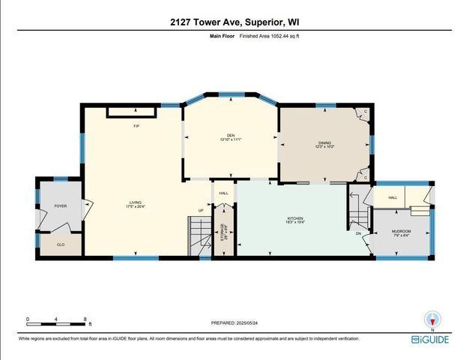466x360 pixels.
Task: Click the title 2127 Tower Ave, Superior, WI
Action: point(232,22)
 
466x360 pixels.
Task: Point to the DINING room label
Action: point(325,144)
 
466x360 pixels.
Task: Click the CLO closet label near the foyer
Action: point(61,244)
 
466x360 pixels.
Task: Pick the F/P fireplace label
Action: point(136,126)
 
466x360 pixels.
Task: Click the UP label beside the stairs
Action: point(200,210)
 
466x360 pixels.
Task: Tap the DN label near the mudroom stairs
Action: point(358,233)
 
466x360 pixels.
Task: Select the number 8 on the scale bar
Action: point(87,319)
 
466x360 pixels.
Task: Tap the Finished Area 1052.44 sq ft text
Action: point(270,35)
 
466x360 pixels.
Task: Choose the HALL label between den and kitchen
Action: point(223,193)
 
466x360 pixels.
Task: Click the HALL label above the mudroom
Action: point(393,198)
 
